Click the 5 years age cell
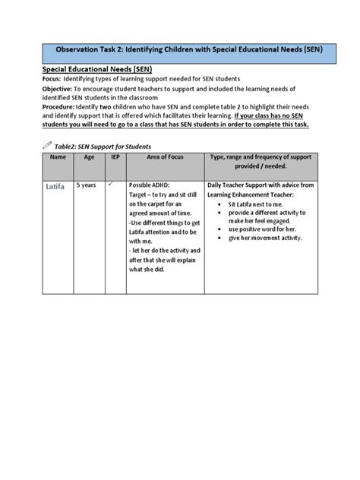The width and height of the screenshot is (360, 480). click(86, 185)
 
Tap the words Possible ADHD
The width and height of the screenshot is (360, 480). click(153, 185)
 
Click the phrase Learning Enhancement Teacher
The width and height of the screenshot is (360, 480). click(251, 194)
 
